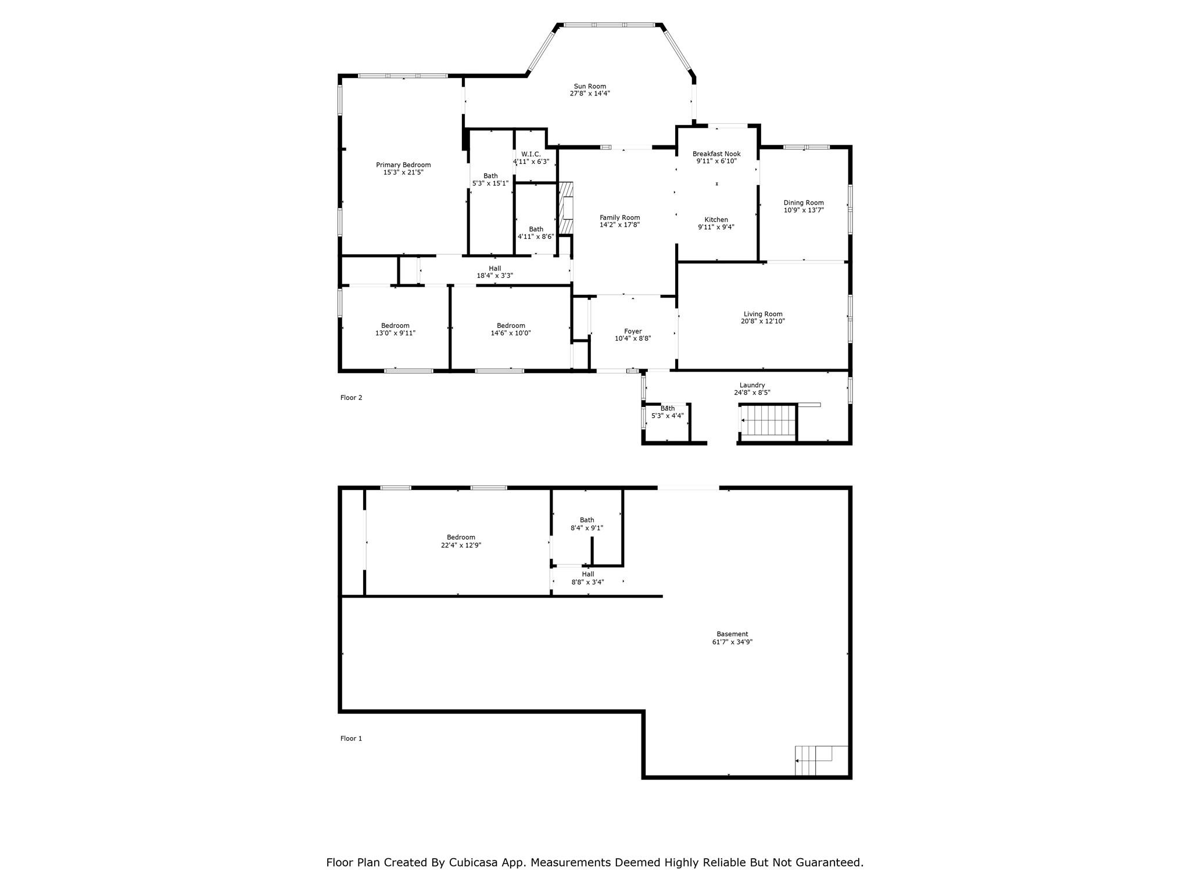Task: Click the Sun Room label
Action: pyautogui.click(x=590, y=86)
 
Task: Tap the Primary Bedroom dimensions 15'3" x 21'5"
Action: pyautogui.click(x=403, y=172)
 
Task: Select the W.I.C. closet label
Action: pyautogui.click(x=531, y=154)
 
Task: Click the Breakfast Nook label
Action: pyautogui.click(x=716, y=154)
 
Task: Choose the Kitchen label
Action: pyautogui.click(x=716, y=220)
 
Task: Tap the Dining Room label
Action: pyautogui.click(x=804, y=203)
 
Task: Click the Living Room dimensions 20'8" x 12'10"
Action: pyautogui.click(x=763, y=321)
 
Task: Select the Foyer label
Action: pyautogui.click(x=633, y=331)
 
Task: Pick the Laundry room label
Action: pyautogui.click(x=752, y=385)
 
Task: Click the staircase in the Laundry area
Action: pyautogui.click(x=767, y=420)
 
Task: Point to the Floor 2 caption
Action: pyautogui.click(x=351, y=398)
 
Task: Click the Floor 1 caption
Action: pyautogui.click(x=351, y=738)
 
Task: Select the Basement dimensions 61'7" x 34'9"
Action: pyautogui.click(x=732, y=642)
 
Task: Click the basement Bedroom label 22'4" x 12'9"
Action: pyautogui.click(x=461, y=541)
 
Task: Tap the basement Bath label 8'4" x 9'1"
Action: pyautogui.click(x=587, y=524)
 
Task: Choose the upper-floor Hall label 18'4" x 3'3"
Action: pyautogui.click(x=495, y=272)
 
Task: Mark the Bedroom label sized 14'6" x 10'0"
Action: pyautogui.click(x=511, y=329)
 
